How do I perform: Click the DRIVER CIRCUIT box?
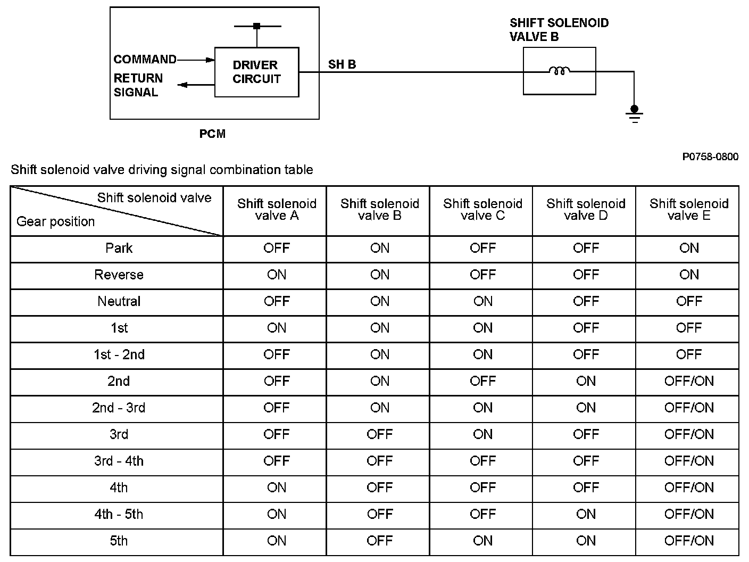256,72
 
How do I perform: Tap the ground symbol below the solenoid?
634,113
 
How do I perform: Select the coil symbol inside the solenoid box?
559,71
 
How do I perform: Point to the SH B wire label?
342,64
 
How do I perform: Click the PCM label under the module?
212,134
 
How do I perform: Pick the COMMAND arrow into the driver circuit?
195,60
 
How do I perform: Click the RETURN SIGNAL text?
138,85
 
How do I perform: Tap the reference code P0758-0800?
711,156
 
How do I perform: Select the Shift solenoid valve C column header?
482,210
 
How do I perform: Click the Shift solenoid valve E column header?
689,210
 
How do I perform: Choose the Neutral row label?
119,301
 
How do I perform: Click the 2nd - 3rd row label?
119,408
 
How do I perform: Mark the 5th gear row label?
119,541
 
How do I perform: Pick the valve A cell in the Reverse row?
277,275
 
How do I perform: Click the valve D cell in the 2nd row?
586,381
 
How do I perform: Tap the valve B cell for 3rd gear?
380,434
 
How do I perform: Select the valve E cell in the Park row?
689,248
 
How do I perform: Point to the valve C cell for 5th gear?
482,541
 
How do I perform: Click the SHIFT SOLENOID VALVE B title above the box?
559,30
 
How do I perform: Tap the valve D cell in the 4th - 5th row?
586,514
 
